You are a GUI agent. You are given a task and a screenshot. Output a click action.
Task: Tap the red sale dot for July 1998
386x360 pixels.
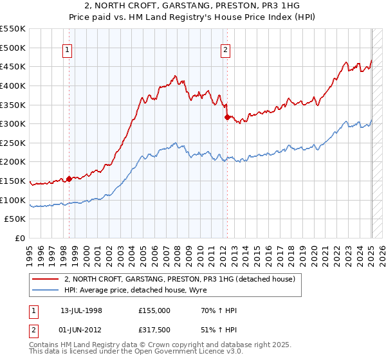click(x=69, y=179)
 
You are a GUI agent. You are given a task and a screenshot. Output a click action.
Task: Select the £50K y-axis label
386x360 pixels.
click(x=15, y=219)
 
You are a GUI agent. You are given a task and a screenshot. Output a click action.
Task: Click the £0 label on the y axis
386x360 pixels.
click(x=19, y=239)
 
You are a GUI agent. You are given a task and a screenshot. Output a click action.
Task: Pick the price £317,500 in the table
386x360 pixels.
click(x=154, y=331)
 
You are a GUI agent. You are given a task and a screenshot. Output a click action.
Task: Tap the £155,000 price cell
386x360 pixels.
click(x=154, y=310)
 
